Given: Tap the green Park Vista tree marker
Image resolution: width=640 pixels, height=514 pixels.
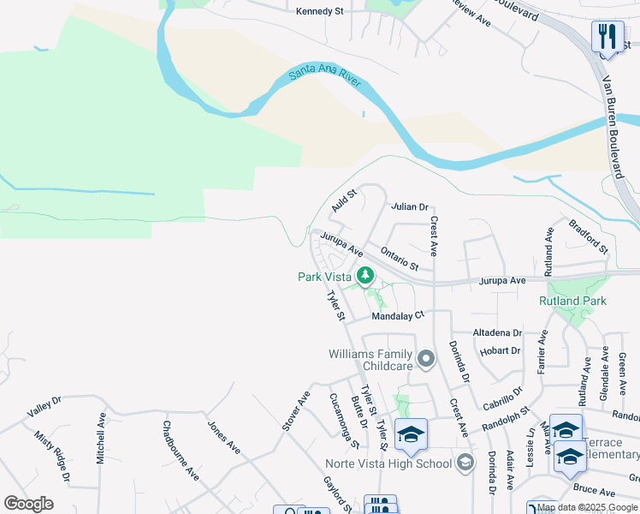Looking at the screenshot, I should tap(366, 276).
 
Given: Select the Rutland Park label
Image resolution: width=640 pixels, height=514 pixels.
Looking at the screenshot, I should tap(572, 301).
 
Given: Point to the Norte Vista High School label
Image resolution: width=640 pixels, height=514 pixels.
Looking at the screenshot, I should tap(388, 464).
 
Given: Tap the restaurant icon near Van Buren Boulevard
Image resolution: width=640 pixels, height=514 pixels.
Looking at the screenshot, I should tap(607, 36).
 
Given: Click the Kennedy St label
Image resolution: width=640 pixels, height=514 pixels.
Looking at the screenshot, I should tap(319, 12).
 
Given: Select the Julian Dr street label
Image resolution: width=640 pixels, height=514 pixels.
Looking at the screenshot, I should tap(409, 207).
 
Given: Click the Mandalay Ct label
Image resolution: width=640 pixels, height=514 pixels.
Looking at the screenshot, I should tap(398, 316).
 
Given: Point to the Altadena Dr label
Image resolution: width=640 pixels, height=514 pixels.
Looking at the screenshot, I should tap(497, 332).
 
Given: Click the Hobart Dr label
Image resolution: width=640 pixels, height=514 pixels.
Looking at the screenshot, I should tap(501, 350).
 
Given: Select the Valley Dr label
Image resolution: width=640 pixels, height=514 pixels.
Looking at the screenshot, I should tap(44, 406).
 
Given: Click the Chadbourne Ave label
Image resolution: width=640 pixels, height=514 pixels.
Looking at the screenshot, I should tap(181, 449).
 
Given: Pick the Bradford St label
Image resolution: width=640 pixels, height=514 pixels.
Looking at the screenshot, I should tap(588, 236).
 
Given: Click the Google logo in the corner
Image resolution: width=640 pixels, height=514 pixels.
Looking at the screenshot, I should tap(28, 504).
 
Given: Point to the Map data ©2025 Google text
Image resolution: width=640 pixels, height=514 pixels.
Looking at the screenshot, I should tap(587, 508).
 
